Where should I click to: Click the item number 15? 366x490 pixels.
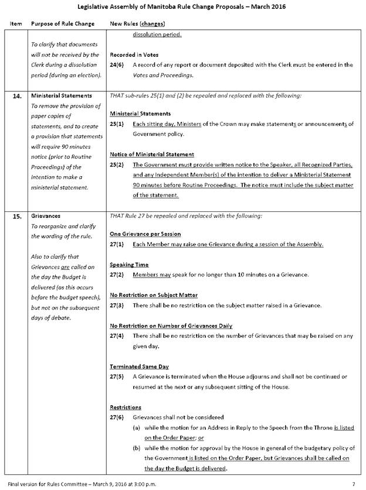tap(18, 216)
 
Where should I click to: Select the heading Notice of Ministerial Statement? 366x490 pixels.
tap(151, 155)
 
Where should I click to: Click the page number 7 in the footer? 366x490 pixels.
tap(353, 484)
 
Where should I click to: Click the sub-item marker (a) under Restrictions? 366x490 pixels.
tap(137, 427)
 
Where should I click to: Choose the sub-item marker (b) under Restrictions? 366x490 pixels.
tap(137, 448)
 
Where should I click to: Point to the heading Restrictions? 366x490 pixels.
tap(127, 407)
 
